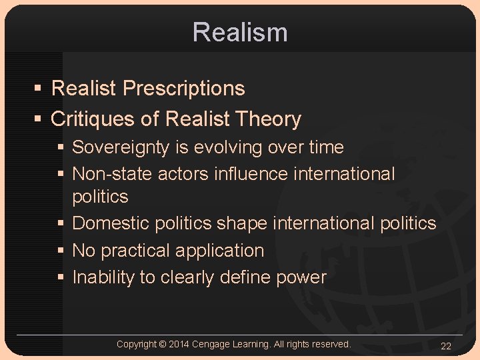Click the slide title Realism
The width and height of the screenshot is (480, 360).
point(240,32)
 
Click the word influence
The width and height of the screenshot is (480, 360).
point(251,174)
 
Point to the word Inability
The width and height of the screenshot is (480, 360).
point(103,277)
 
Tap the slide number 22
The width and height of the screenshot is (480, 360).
point(446,345)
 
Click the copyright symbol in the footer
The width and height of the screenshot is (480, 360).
point(163,344)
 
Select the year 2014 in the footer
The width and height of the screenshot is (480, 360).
point(179,344)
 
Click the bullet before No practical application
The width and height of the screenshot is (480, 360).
point(61,251)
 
